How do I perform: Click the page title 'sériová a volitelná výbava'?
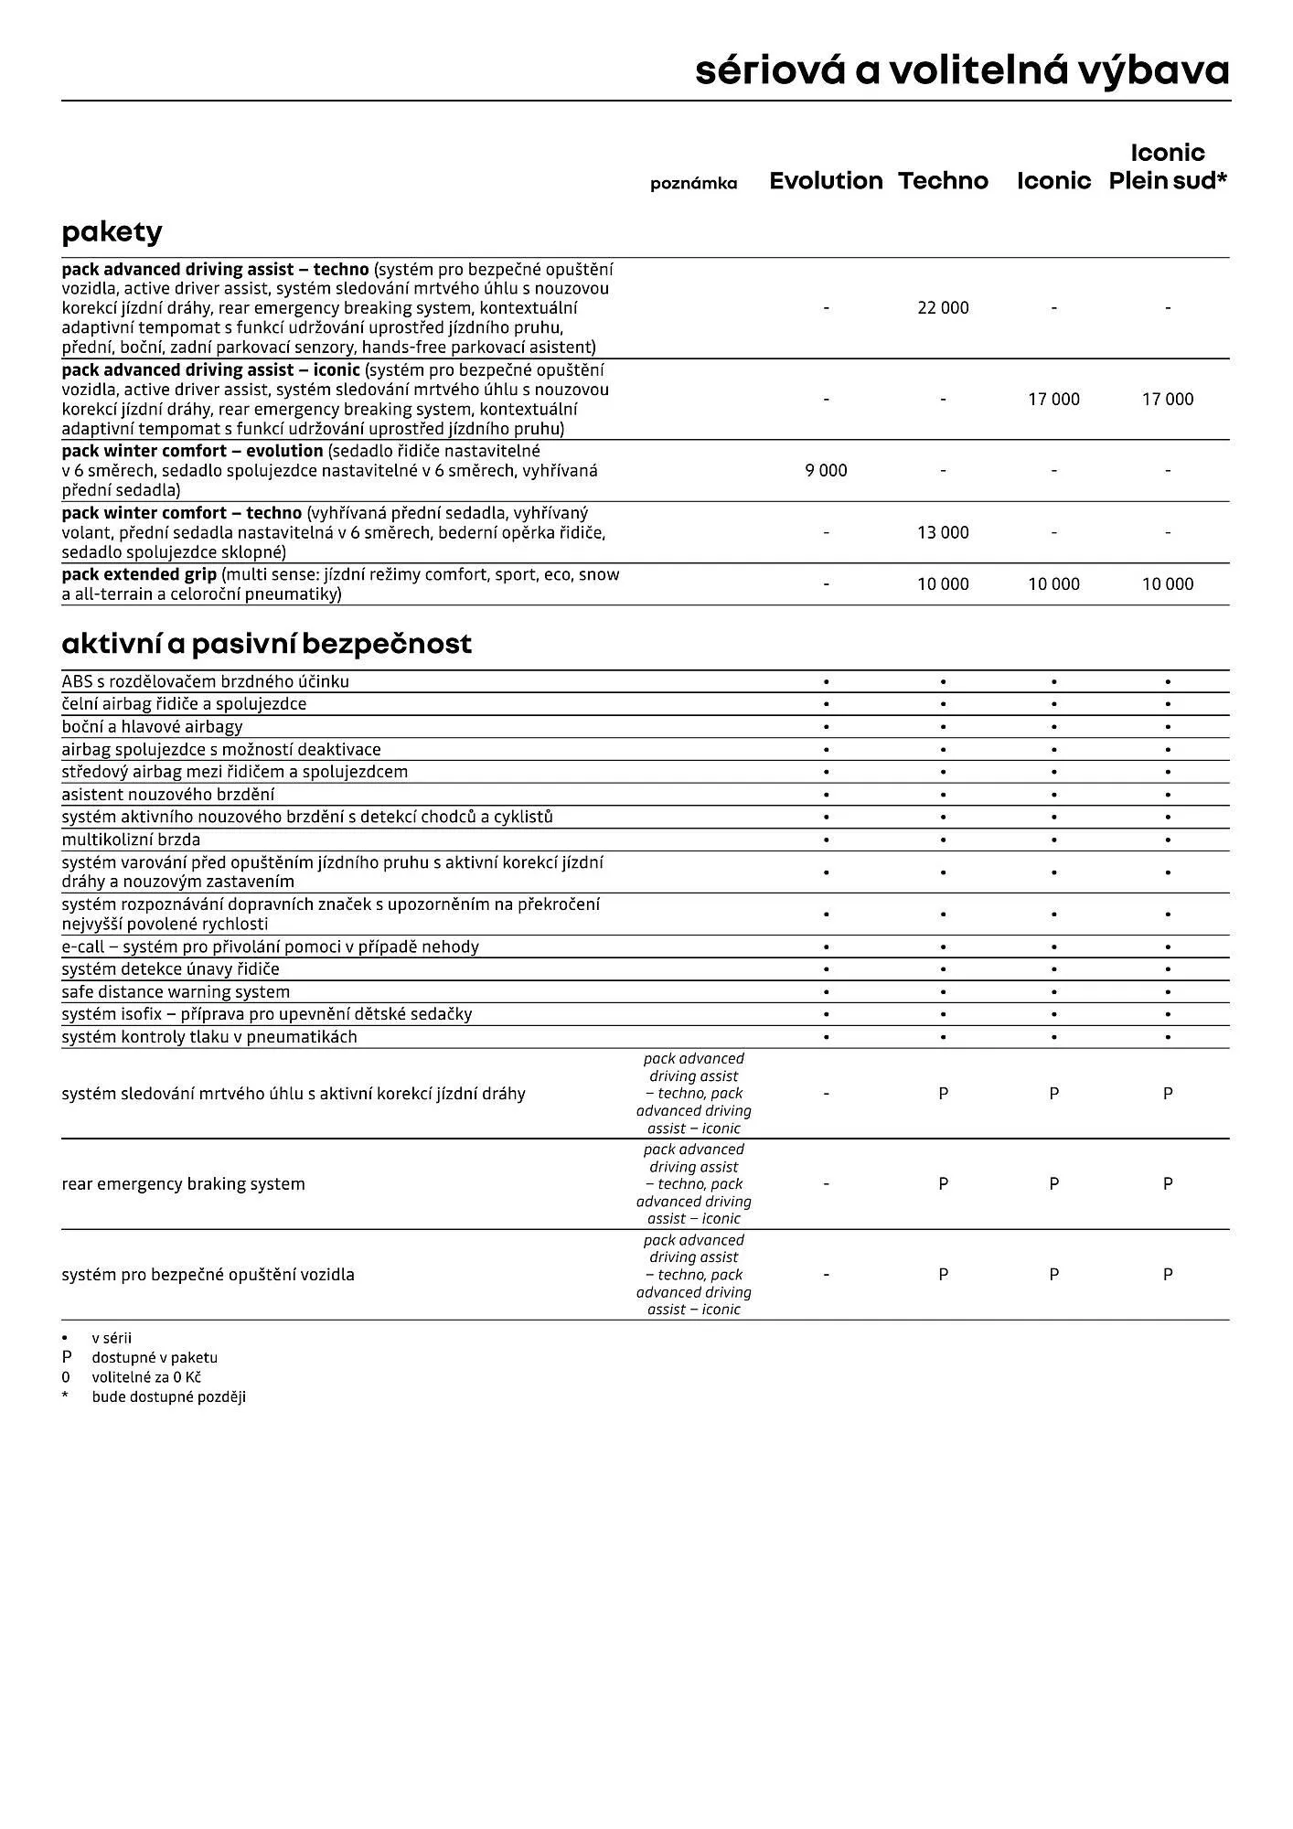coord(962,70)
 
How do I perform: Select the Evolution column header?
coord(826,181)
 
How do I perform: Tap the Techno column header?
coord(943,181)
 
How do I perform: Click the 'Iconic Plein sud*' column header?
coord(1168,167)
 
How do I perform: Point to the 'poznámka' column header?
coord(693,184)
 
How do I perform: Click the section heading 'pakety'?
coord(112,232)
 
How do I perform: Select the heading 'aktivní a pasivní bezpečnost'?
coord(266,644)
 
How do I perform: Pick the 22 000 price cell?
coord(943,308)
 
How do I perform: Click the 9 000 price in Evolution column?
coord(826,471)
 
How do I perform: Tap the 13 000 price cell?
coord(943,532)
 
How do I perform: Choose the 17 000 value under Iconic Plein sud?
coord(1168,400)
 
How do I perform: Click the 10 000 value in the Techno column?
coord(943,584)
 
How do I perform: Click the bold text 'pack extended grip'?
coord(139,575)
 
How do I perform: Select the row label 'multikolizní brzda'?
coord(131,840)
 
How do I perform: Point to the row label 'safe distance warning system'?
coord(176,992)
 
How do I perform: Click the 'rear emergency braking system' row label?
coord(183,1184)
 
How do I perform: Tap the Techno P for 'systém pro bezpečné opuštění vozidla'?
coord(943,1275)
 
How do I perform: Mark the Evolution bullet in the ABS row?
coord(826,682)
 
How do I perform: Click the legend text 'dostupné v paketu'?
coord(155,1358)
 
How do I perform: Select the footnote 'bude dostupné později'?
coord(168,1397)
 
